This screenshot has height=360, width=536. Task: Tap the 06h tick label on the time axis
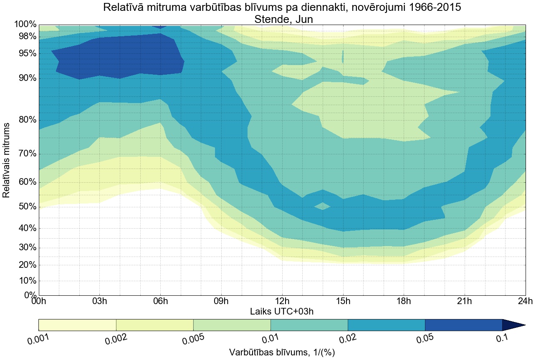pyautogui.click(x=160, y=301)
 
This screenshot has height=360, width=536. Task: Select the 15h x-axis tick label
pyautogui.click(x=343, y=301)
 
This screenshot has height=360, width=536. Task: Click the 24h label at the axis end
pyautogui.click(x=525, y=301)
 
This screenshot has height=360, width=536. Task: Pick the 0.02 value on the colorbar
pyautogui.click(x=347, y=339)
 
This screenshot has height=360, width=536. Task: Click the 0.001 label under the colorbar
pyautogui.click(x=39, y=340)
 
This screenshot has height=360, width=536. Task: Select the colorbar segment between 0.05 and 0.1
pyautogui.click(x=463, y=325)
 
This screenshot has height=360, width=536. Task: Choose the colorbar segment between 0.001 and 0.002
pyautogui.click(x=77, y=325)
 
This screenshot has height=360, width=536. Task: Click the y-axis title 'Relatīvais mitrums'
pyautogui.click(x=7, y=160)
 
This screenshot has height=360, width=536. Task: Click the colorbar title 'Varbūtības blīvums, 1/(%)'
pyautogui.click(x=282, y=352)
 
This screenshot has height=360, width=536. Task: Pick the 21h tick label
pyautogui.click(x=464, y=301)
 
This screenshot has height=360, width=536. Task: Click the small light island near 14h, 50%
pyautogui.click(x=323, y=206)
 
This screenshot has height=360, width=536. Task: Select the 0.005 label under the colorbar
pyautogui.click(x=193, y=339)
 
